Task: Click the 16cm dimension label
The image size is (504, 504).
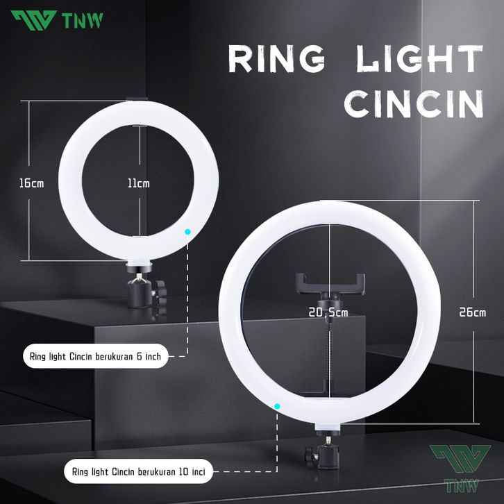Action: [31, 183]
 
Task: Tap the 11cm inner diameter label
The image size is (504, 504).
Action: [138, 183]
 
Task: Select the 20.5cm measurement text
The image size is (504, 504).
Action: [328, 313]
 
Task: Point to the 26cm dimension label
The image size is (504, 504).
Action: [472, 312]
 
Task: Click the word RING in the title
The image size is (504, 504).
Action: [276, 60]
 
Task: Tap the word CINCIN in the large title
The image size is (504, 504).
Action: [414, 105]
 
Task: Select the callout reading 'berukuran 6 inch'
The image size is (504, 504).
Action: [95, 357]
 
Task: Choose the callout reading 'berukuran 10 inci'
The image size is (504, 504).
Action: [139, 471]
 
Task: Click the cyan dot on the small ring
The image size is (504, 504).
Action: [187, 231]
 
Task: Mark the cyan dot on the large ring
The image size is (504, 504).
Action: [277, 405]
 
